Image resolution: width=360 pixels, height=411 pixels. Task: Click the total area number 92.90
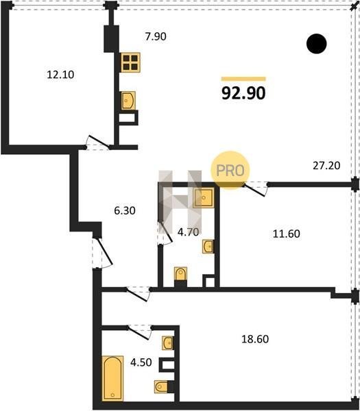[x=243, y=93]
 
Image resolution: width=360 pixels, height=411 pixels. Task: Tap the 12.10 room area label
[x=60, y=75]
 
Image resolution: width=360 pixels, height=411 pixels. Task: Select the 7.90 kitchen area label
[x=156, y=36]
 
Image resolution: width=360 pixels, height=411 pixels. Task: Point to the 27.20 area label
[x=326, y=166]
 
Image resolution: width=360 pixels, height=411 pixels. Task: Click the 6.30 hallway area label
[x=125, y=210]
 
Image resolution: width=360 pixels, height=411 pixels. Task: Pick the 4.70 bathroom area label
[x=188, y=232]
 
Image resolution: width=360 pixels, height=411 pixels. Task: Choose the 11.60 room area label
[x=286, y=234]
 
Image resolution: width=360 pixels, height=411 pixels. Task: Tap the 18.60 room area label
[x=255, y=339]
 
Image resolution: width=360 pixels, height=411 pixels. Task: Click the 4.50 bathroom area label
[x=141, y=362]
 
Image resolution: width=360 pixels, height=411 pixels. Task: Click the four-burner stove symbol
[x=130, y=62]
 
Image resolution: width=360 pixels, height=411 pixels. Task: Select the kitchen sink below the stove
[x=128, y=101]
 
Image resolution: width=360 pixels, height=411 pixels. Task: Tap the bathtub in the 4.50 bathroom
[x=112, y=378]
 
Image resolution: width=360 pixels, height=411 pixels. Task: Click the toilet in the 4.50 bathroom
[x=161, y=386]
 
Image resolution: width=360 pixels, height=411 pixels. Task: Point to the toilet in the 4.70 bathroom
[x=180, y=274]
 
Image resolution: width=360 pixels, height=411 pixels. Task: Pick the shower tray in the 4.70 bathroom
[x=204, y=198]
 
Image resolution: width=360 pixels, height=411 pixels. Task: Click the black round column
[x=316, y=44]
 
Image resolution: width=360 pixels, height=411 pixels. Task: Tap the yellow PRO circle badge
[x=230, y=171]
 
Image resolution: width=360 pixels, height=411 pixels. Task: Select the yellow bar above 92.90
[x=243, y=79]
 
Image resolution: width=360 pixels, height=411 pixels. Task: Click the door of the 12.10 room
[x=97, y=142]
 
